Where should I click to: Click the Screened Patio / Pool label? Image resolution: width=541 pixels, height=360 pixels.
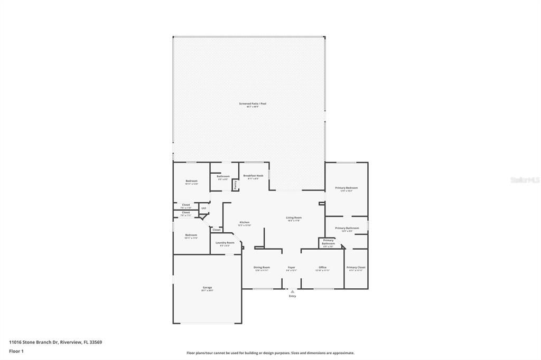coord(253,103)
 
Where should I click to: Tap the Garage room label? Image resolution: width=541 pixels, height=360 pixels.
coord(207,288)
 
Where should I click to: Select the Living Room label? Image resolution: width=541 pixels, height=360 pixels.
coord(294,217)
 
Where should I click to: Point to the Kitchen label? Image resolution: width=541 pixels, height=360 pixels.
coord(244,222)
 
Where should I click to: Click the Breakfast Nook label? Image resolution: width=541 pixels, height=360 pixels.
coord(253,176)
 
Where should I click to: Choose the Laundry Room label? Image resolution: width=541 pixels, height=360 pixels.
coord(225,243)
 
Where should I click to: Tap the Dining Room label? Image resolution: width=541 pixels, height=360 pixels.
coord(262,268)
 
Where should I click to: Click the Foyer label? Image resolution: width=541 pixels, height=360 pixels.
coord(291,268)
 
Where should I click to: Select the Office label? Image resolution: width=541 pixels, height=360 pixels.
coord(322,268)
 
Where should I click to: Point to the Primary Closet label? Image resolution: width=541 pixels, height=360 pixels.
coord(356,268)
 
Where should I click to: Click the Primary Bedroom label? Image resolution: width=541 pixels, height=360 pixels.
coord(346,188)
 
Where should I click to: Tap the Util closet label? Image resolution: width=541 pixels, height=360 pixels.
coord(203,208)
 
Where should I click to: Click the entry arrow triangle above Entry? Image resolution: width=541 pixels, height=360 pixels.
coord(292,291)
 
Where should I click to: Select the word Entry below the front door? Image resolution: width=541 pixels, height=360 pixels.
coord(292,296)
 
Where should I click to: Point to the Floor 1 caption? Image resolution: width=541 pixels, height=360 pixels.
coord(16,351)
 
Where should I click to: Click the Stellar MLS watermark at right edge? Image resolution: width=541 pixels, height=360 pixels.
coord(525,180)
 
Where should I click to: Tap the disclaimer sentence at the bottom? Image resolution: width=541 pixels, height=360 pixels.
coord(270,353)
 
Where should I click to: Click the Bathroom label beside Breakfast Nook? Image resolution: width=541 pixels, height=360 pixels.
coord(223,176)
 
